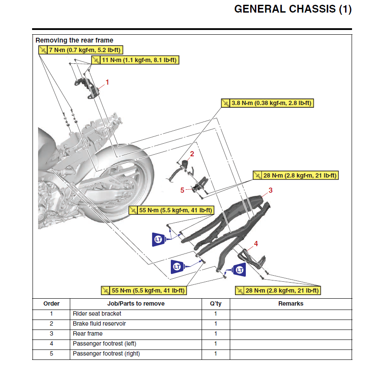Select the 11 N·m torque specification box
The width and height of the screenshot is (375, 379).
(135, 60)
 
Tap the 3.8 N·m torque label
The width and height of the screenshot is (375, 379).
(267, 103)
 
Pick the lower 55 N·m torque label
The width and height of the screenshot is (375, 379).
(143, 290)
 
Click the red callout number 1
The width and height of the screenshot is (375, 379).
(108, 82)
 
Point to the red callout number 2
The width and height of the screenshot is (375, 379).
(192, 154)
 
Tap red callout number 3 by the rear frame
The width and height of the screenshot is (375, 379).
(271, 190)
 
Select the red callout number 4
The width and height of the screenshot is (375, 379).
(256, 244)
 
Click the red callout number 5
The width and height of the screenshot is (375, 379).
(183, 190)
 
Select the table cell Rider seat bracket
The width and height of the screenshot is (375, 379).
(97, 314)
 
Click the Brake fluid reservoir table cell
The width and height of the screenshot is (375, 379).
(99, 324)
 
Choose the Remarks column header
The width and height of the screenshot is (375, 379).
(290, 304)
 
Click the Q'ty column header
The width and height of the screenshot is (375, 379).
(215, 304)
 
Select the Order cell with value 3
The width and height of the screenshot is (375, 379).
(51, 334)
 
